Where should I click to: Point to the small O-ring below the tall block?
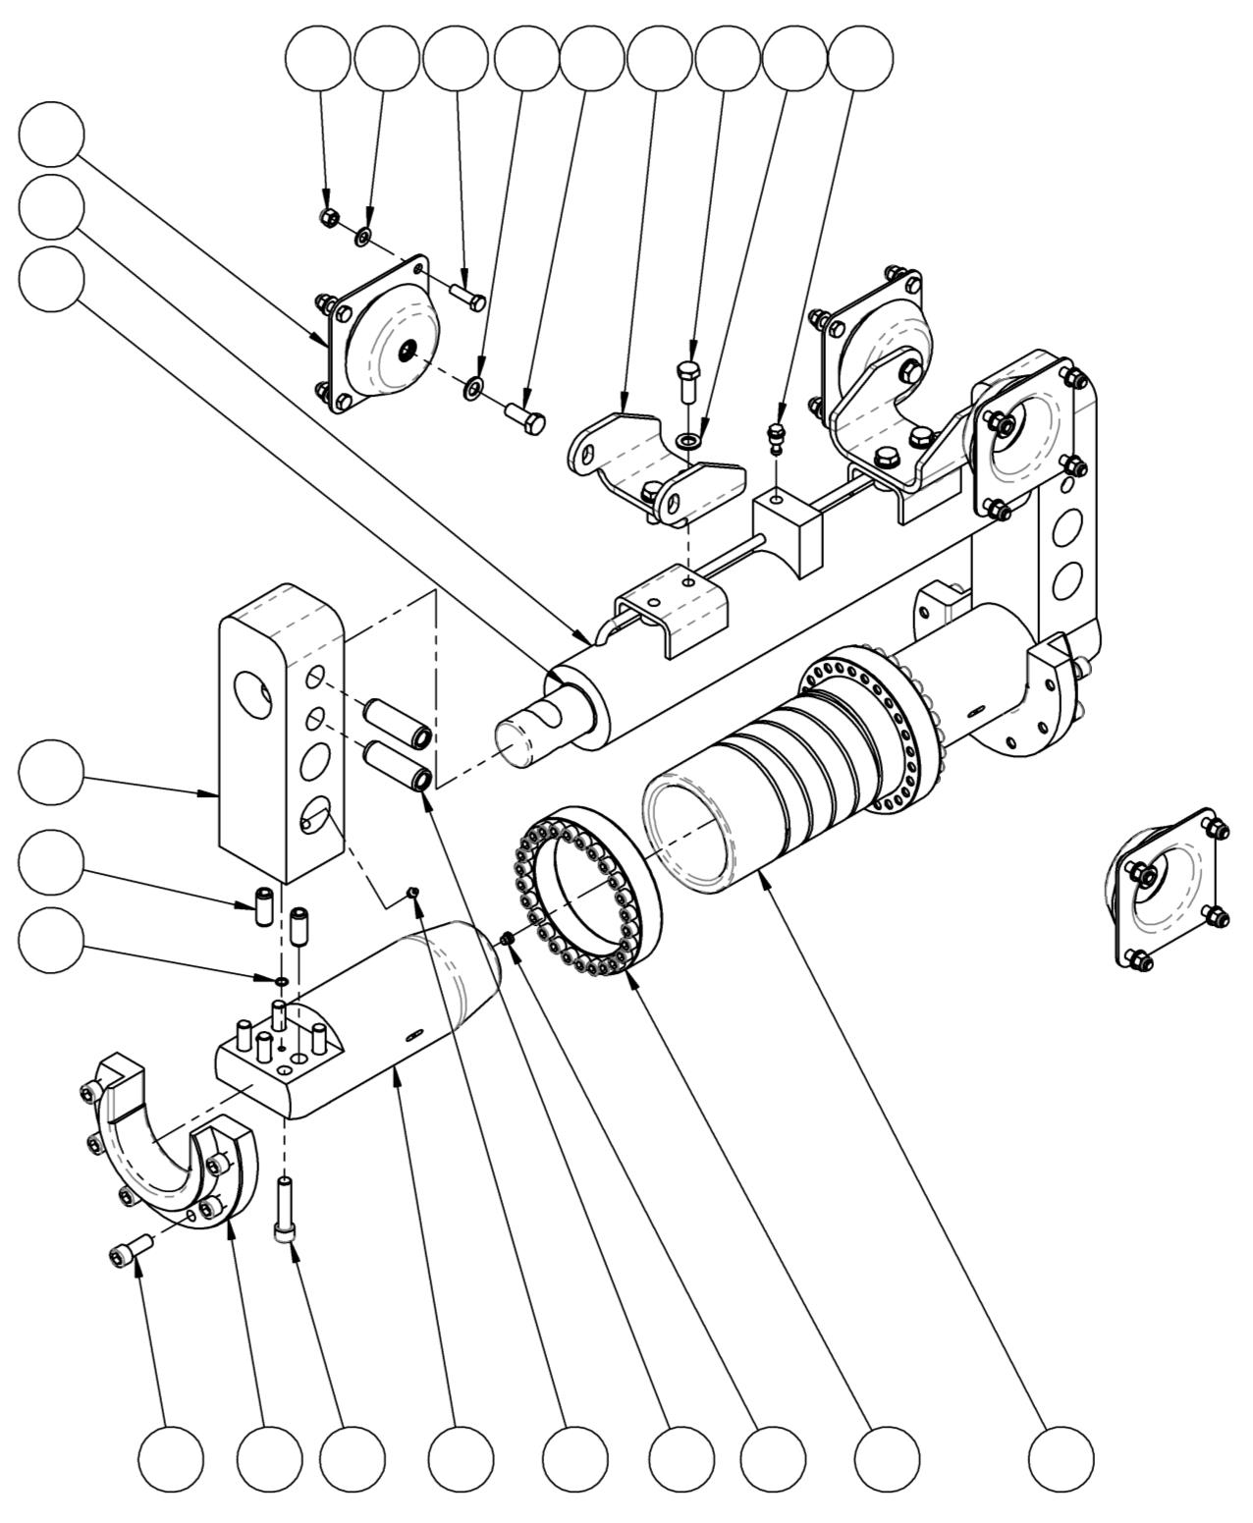280,980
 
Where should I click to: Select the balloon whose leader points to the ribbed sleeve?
1062,1456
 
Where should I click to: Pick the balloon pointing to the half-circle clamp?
269,1456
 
